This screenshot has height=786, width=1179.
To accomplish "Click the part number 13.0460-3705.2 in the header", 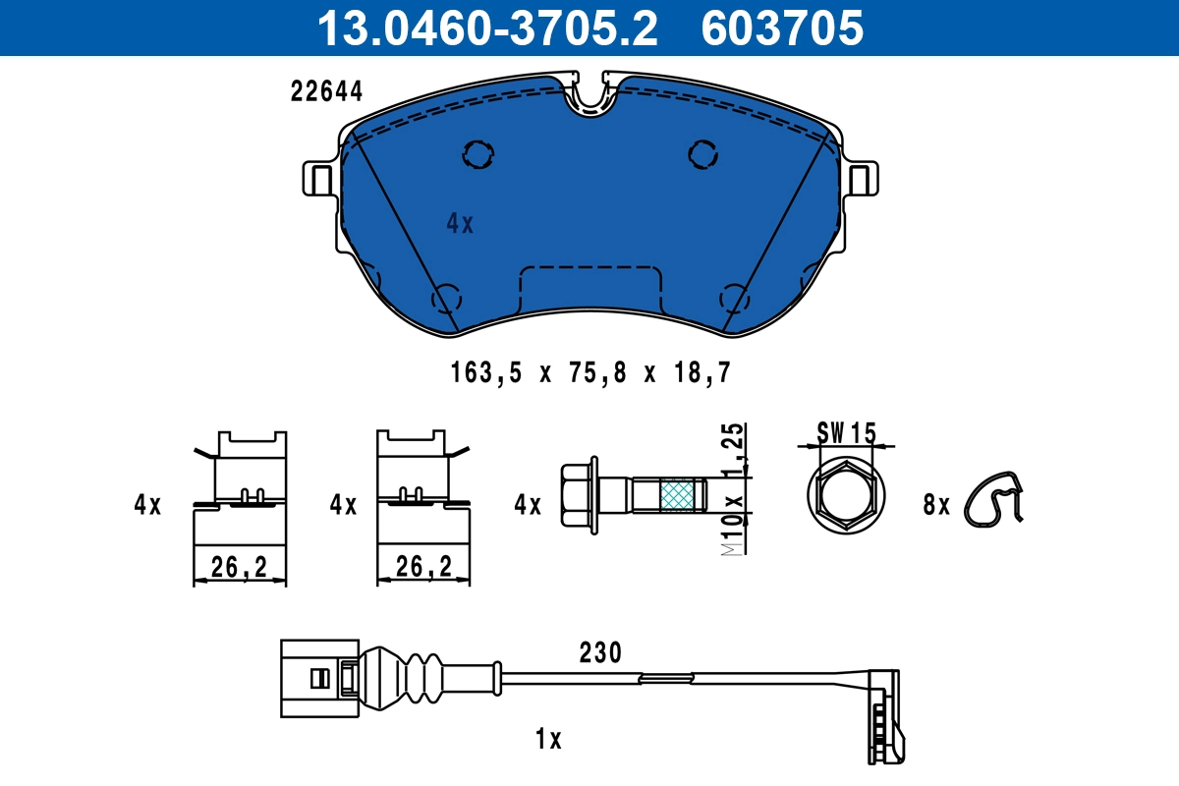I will point(485,28).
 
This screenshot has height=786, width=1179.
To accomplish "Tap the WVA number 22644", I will point(327,91).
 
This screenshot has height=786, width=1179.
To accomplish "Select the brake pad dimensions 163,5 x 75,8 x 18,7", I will point(591,372).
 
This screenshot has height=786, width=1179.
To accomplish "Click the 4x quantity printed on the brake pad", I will point(460,224).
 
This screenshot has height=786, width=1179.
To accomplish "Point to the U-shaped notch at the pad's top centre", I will point(589,96).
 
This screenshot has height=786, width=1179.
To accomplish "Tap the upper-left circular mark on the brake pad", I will point(478,153).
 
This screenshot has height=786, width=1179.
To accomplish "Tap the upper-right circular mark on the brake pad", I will point(702,153).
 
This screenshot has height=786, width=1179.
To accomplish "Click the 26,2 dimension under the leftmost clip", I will point(239,566).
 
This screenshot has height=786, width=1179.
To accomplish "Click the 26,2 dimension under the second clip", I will point(423,566).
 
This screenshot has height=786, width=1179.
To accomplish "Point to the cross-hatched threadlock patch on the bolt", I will point(676,496).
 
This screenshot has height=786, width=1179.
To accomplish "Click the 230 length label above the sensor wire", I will point(600,652).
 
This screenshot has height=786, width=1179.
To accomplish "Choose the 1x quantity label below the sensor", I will point(549,739).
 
